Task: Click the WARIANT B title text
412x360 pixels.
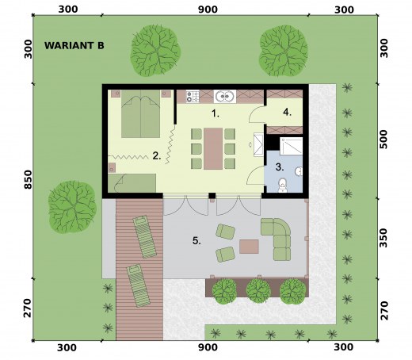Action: [x=74, y=45]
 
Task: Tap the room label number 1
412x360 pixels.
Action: [x=216, y=113]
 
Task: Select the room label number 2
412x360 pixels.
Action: [x=157, y=155]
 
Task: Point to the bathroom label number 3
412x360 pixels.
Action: [x=280, y=167]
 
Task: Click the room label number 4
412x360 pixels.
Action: [x=287, y=113]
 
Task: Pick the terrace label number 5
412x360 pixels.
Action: [x=196, y=241]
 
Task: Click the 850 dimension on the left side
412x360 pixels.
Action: [x=28, y=179]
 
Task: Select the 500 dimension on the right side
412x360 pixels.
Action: [x=383, y=140]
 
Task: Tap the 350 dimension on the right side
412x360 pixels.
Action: [x=383, y=238]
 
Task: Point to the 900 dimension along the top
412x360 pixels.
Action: [x=208, y=10]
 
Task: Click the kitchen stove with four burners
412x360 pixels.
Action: [x=193, y=97]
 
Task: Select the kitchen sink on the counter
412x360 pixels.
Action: [x=225, y=97]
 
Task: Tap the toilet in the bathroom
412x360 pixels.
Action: [x=283, y=185]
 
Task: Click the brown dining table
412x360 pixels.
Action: [x=213, y=148]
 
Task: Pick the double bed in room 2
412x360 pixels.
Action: [x=141, y=113]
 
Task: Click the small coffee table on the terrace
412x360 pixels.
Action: [x=249, y=247]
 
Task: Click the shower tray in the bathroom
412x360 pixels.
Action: [x=291, y=146]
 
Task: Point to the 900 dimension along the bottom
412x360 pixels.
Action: [x=208, y=347]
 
